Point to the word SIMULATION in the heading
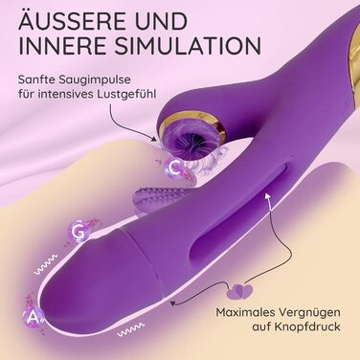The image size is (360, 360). click(188, 46)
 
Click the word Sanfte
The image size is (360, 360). click(34, 79)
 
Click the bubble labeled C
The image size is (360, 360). click(174, 168)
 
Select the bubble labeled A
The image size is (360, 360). click(34, 317)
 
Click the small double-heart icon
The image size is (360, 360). click(239, 291)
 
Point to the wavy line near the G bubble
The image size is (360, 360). click(46, 264)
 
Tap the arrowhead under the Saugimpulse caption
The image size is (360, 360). click(154, 139)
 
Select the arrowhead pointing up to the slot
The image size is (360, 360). click(267, 195)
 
